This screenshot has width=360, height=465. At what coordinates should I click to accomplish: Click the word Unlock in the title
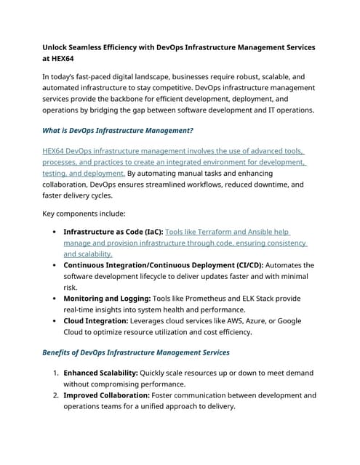click(59, 47)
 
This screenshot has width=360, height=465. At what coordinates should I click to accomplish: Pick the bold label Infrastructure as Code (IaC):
click(113, 232)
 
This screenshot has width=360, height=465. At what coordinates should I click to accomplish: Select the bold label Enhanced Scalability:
click(106, 373)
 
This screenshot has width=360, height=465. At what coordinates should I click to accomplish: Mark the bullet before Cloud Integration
click(56, 321)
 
